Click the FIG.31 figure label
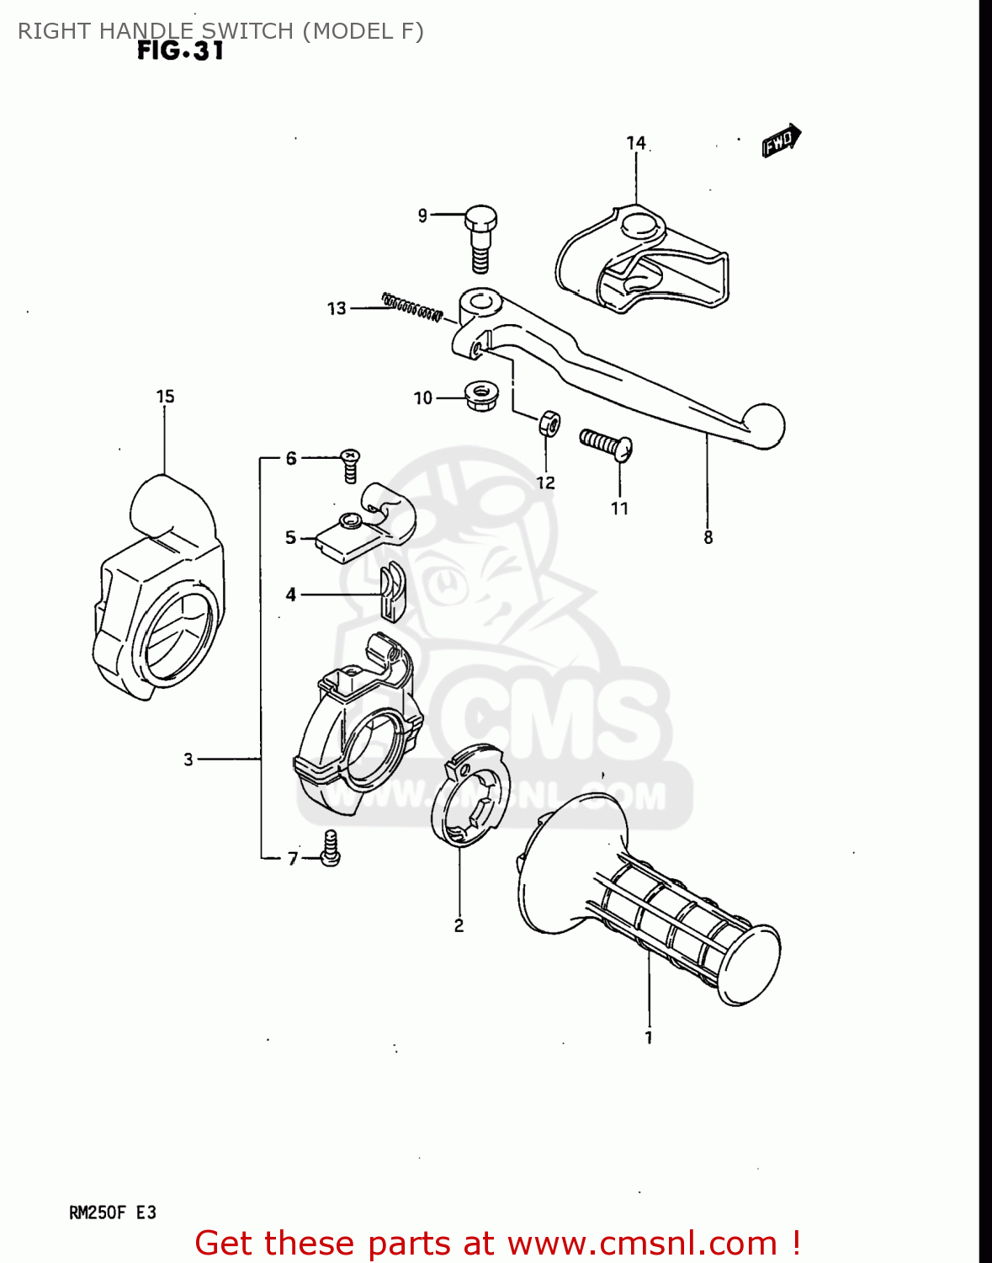tap(180, 51)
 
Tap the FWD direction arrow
tap(782, 141)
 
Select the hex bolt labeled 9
tap(480, 237)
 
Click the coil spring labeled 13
tap(411, 307)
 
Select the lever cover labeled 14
tap(639, 258)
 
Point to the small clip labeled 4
tap(391, 593)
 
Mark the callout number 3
tap(188, 759)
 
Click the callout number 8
tap(708, 537)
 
